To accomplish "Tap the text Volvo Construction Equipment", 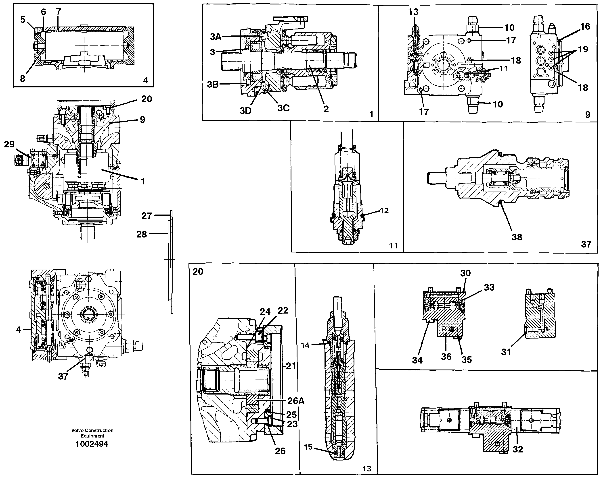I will (92, 433).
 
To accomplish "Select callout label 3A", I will (216, 37).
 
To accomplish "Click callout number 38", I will (517, 237).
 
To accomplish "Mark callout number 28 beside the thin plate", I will (141, 234).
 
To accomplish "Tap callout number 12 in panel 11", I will (384, 211).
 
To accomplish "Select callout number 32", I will (518, 449).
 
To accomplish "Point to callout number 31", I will (506, 352).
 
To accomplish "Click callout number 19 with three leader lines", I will (583, 49).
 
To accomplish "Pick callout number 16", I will (585, 27).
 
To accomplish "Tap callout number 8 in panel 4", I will (23, 78).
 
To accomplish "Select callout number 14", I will (305, 345).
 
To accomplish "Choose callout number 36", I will (446, 357).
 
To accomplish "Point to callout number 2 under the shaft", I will (326, 109).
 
